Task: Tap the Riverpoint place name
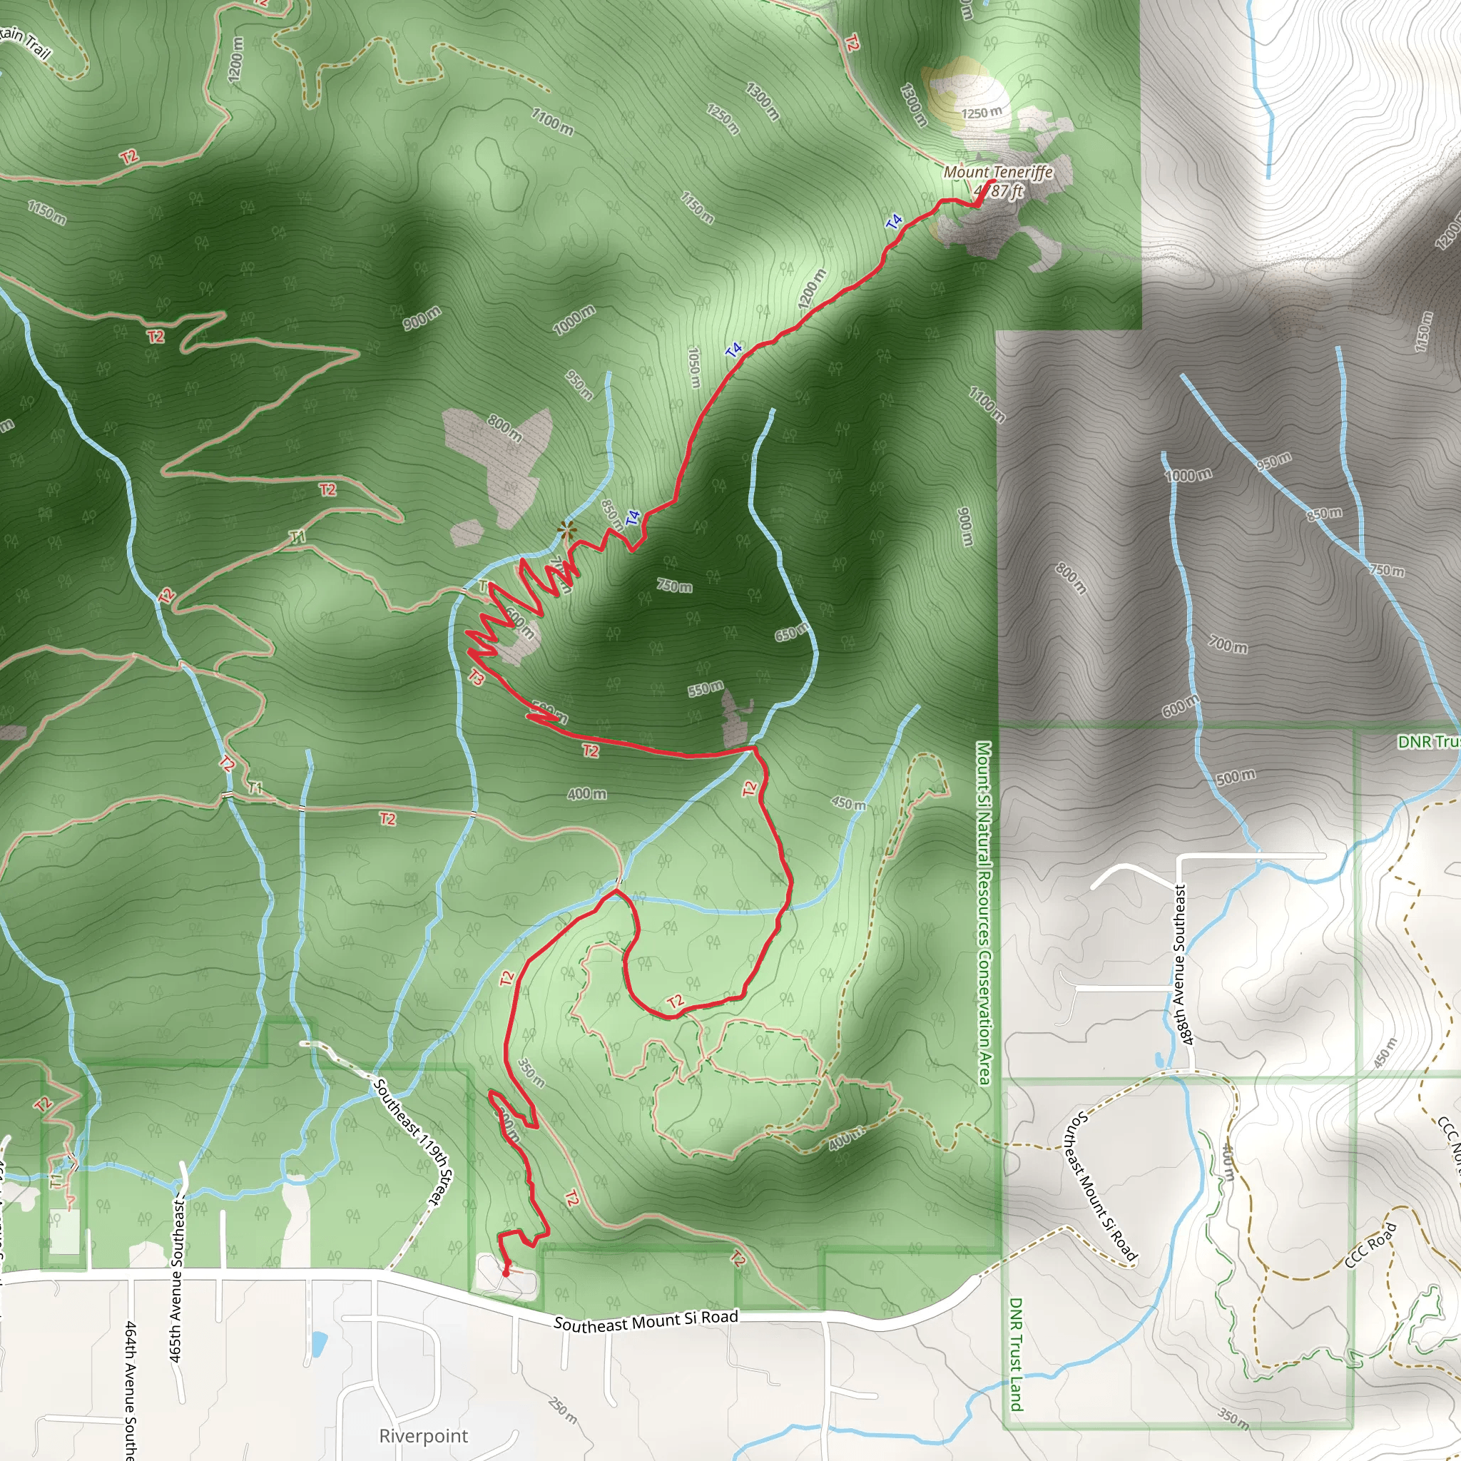pos(424,1435)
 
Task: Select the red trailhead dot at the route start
pos(506,1273)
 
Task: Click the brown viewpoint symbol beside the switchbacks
pos(566,531)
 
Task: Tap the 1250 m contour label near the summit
pos(981,113)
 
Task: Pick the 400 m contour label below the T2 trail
pos(587,794)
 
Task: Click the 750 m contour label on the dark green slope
pos(673,586)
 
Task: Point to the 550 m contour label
pos(705,688)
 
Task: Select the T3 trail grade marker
pos(476,678)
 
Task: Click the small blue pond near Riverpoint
pos(319,1343)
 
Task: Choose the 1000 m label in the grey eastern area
pos(1188,475)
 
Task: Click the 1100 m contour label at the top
pos(552,121)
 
